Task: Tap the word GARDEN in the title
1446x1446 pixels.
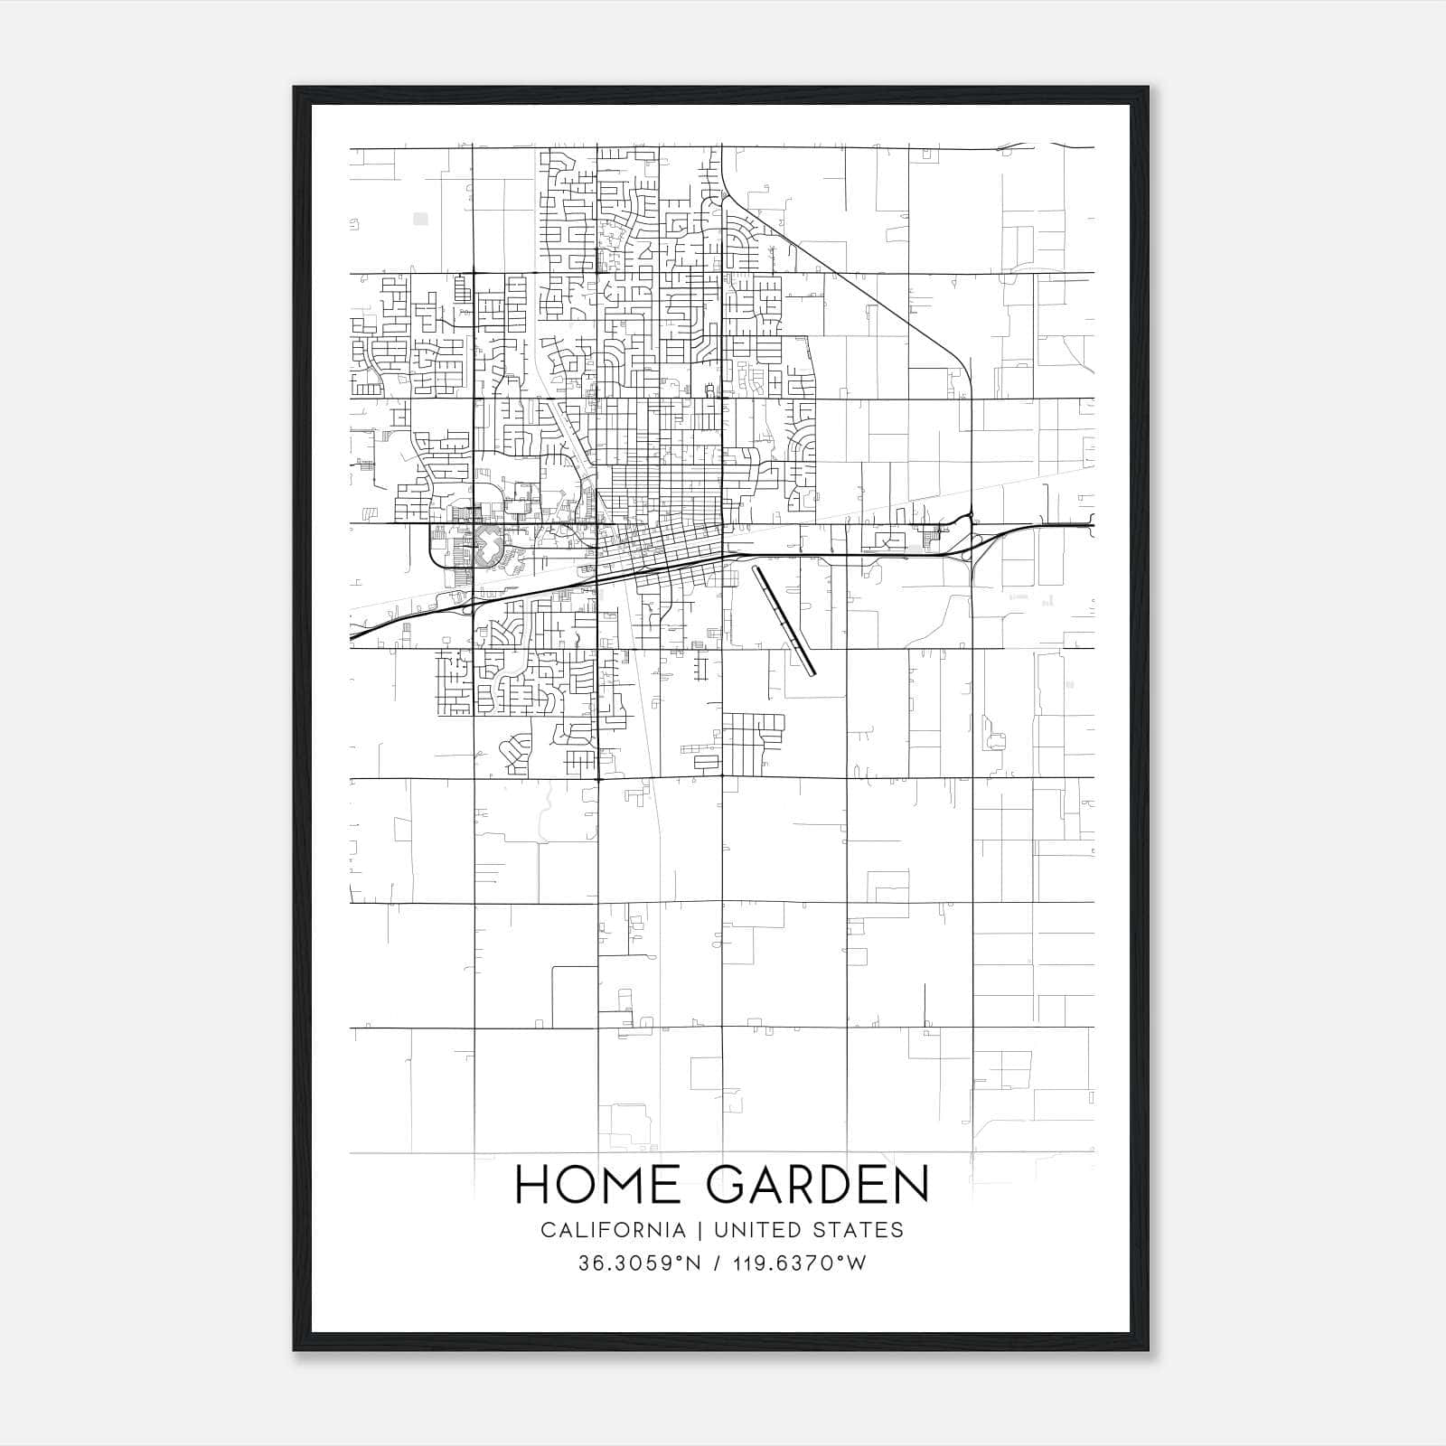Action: pos(818,1185)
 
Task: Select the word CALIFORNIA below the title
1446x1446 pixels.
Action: pos(613,1230)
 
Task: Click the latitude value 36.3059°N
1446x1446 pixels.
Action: pos(640,1263)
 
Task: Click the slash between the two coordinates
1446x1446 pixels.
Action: pos(717,1263)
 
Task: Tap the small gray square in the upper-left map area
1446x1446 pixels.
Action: pos(420,218)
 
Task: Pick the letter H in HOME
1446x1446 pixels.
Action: pos(533,1185)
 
